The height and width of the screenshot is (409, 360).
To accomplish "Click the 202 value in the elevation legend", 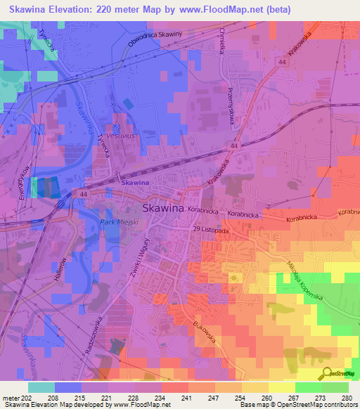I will (28, 397).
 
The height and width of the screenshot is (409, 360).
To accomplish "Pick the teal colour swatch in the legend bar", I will (41, 387).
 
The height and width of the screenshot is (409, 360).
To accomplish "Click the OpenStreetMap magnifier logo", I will (326, 374).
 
